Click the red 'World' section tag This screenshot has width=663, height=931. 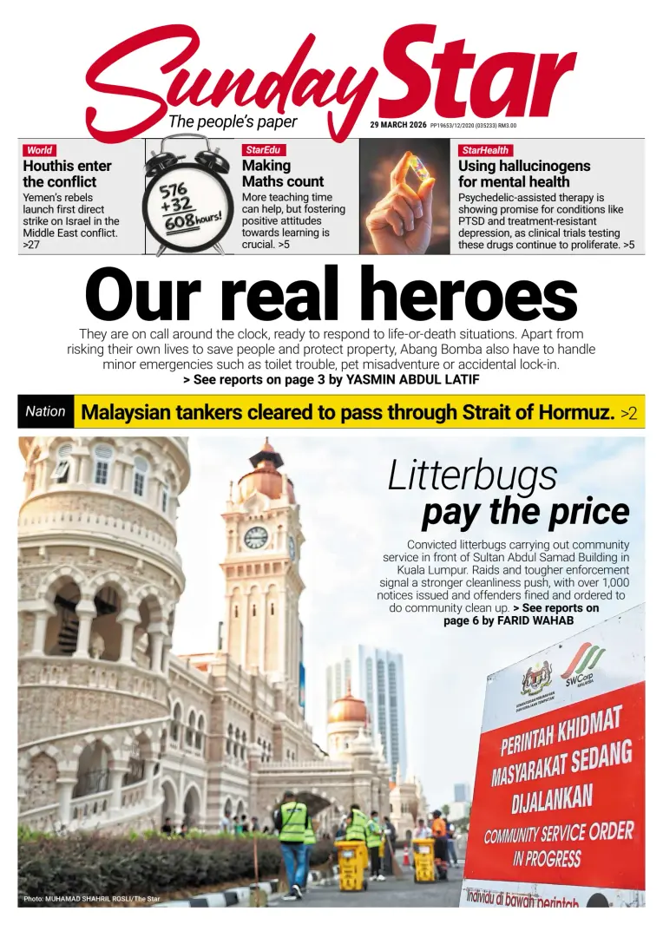pyautogui.click(x=39, y=150)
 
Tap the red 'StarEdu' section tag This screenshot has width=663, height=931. pyautogui.click(x=263, y=150)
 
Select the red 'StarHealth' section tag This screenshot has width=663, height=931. pyautogui.click(x=485, y=150)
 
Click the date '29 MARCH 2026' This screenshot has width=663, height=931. pyautogui.click(x=397, y=125)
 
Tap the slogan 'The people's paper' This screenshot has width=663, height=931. pyautogui.click(x=233, y=122)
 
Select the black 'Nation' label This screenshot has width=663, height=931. pyautogui.click(x=45, y=411)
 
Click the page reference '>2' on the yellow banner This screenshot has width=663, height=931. pyautogui.click(x=628, y=413)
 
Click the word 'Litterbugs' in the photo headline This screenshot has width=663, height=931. pyautogui.click(x=472, y=475)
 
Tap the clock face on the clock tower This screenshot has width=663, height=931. pyautogui.click(x=255, y=538)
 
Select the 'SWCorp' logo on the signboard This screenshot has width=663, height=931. pyautogui.click(x=583, y=669)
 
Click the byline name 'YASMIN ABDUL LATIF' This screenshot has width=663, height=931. pyautogui.click(x=412, y=380)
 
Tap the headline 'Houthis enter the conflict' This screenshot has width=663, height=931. pyautogui.click(x=67, y=174)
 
